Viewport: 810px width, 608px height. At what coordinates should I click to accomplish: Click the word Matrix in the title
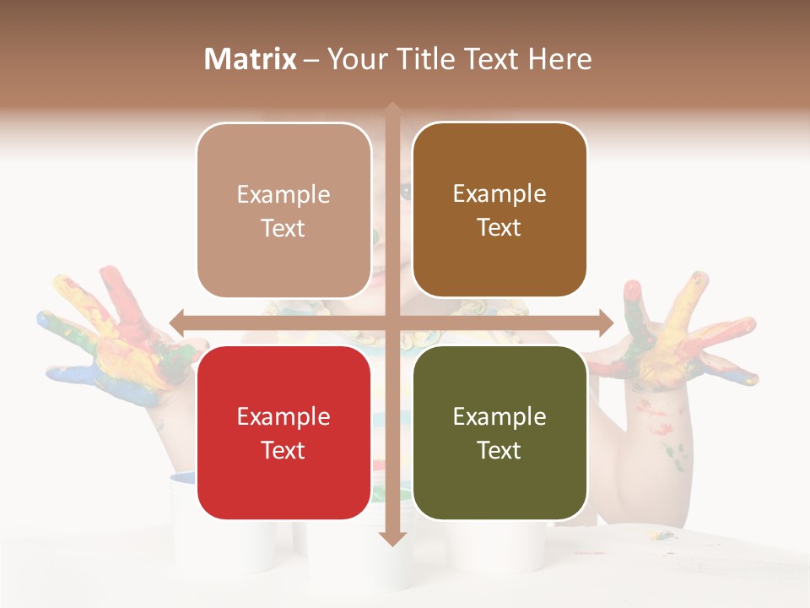click(x=251, y=59)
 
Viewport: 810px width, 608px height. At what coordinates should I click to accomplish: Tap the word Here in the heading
click(x=559, y=59)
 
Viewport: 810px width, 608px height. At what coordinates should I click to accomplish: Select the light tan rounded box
click(x=283, y=210)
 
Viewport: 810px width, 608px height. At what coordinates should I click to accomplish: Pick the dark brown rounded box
click(x=499, y=209)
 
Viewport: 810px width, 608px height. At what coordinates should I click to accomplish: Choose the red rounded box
click(x=283, y=432)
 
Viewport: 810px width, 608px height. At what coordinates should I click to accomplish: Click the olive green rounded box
click(x=499, y=432)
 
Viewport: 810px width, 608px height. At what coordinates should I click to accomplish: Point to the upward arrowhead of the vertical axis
click(x=392, y=108)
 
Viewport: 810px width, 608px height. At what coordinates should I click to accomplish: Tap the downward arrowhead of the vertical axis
click(x=392, y=538)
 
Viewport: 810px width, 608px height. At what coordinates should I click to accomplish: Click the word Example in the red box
click(x=283, y=416)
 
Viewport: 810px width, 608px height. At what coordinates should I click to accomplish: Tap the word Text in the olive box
click(x=499, y=450)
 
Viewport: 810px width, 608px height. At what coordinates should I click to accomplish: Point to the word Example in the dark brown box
click(x=499, y=193)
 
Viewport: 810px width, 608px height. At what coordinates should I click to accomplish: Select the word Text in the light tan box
click(x=283, y=228)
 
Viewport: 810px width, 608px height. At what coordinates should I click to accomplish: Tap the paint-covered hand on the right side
click(x=675, y=334)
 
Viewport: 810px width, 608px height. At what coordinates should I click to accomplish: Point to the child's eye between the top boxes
click(x=406, y=192)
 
